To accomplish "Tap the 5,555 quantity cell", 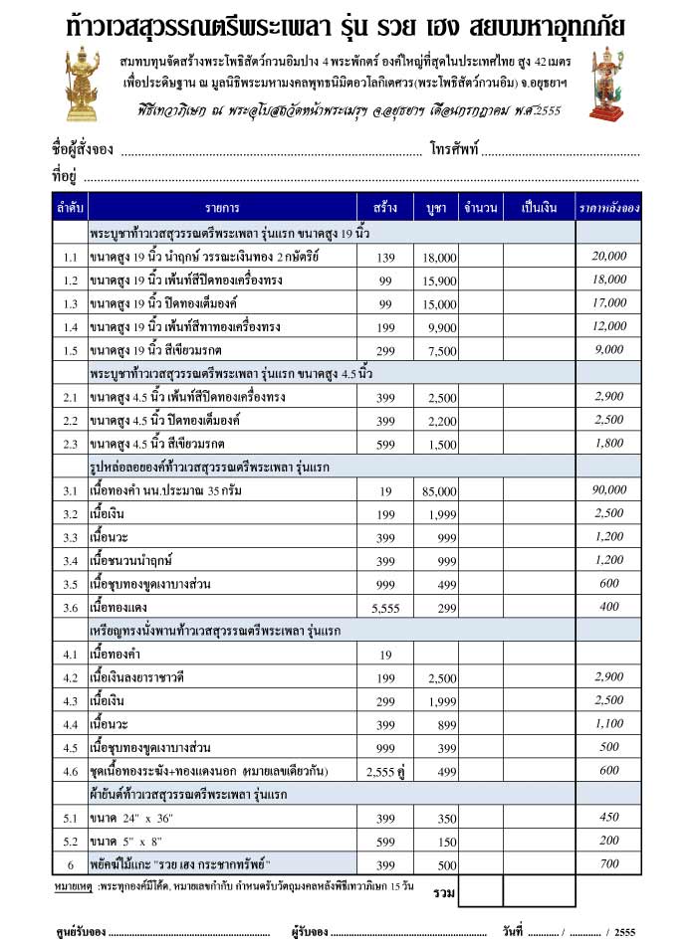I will tap(385, 606).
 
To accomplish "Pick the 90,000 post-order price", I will tap(608, 489).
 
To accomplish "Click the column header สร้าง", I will tap(385, 208).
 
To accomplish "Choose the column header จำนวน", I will tap(480, 208).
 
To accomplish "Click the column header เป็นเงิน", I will tap(539, 208).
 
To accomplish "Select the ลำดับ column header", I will tap(70, 208).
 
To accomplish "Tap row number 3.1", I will tap(70, 490).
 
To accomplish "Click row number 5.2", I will tap(70, 841).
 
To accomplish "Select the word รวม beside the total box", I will tap(444, 892).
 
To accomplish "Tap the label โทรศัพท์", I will tap(455, 150).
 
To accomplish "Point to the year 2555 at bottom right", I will tap(625, 932).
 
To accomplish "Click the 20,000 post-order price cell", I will tap(608, 257).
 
